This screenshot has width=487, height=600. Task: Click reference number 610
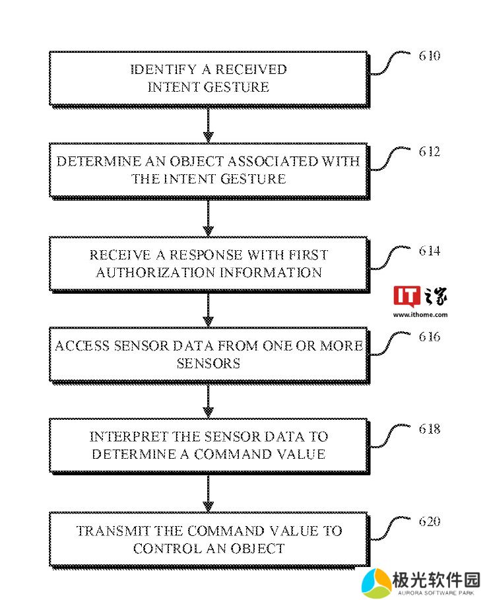[429, 56]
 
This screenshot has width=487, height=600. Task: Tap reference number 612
[429, 152]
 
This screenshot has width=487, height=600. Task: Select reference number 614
[429, 251]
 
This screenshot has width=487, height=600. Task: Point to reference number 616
[429, 337]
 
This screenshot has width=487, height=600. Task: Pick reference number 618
[429, 429]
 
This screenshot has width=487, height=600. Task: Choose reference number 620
[429, 521]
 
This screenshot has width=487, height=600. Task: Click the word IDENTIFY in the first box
[164, 69]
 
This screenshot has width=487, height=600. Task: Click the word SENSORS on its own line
[209, 363]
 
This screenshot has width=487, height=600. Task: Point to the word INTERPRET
[129, 436]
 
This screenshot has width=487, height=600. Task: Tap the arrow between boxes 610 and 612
[208, 125]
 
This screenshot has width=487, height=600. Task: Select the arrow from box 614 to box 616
[208, 310]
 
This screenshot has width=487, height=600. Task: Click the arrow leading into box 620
[208, 494]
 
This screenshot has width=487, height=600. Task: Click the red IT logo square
[406, 296]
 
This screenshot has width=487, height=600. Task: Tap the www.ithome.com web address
[420, 315]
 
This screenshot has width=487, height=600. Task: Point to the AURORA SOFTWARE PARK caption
[436, 593]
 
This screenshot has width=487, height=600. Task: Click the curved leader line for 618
[389, 436]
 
